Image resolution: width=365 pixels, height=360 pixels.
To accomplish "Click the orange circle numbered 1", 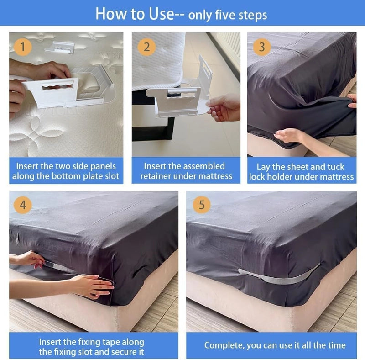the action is (23, 47).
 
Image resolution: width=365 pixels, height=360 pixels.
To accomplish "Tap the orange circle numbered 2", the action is (146, 47).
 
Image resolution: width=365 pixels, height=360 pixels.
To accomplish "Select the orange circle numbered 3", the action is (262, 47).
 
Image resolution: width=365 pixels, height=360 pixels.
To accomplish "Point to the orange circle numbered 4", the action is (23, 205).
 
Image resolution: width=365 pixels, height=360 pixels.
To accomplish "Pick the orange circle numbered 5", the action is (202, 205).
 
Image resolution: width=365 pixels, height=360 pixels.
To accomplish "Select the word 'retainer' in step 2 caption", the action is (156, 176).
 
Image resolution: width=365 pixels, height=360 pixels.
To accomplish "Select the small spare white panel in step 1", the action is (60, 48).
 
